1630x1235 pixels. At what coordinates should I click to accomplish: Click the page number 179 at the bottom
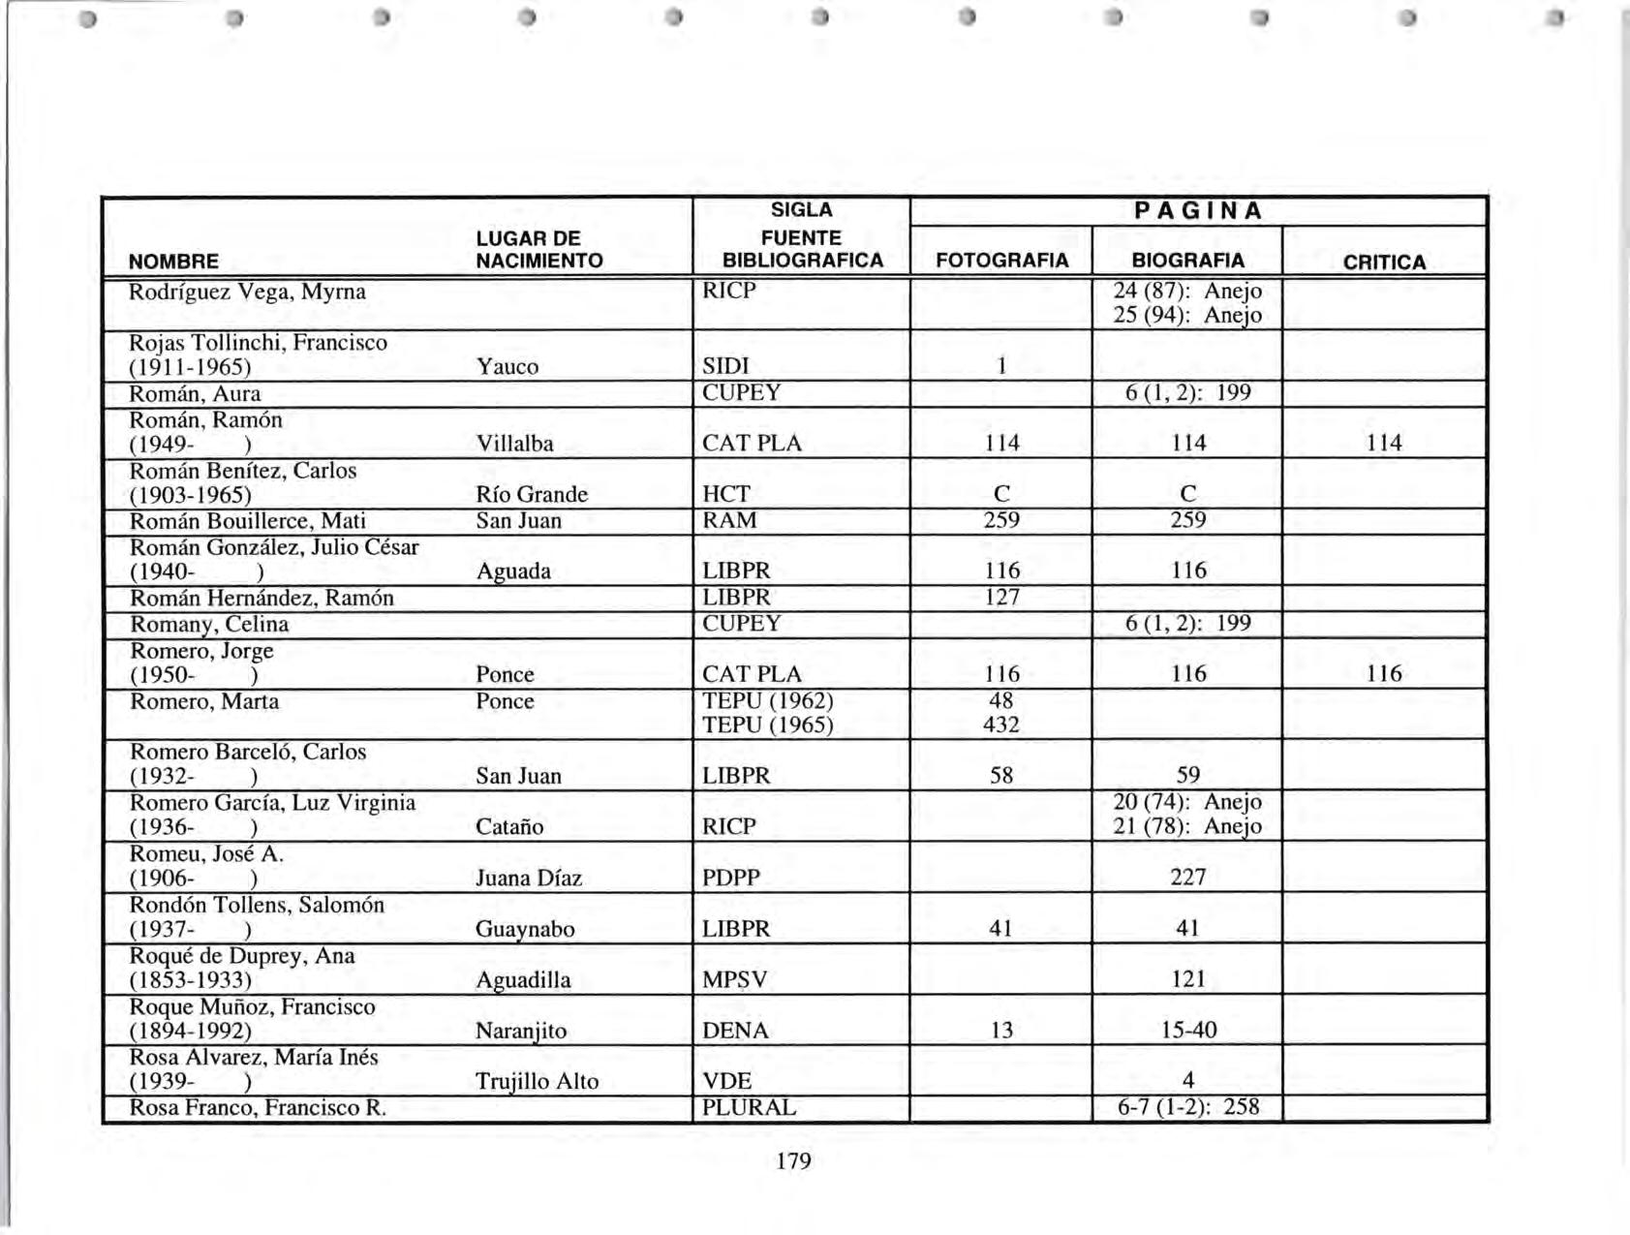793,1160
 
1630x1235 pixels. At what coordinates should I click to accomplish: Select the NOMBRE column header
173,262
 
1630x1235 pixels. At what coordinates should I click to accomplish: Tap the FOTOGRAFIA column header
1001,261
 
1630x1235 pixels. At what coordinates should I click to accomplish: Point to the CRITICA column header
1384,262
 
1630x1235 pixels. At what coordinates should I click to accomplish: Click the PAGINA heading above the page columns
1198,211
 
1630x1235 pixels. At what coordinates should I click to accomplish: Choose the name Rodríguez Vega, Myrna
248,292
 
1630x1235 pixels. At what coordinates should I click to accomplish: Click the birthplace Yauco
507,366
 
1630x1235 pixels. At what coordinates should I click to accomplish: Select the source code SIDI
725,366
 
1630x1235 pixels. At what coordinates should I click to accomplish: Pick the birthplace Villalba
515,444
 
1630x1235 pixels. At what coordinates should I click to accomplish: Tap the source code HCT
725,494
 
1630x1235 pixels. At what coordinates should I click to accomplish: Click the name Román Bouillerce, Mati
248,521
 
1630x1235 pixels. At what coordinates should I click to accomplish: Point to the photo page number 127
1001,598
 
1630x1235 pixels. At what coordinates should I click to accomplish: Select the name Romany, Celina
209,624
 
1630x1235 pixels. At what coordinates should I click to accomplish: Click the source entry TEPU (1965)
768,726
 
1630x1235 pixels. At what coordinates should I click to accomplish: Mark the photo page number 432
1000,725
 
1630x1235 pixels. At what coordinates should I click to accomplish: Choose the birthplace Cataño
509,827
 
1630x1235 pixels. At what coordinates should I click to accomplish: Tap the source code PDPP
731,878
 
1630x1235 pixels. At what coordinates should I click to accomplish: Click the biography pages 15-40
1188,1030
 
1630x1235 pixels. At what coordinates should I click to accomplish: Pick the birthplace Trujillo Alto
538,1081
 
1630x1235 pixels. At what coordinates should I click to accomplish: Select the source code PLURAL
749,1107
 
